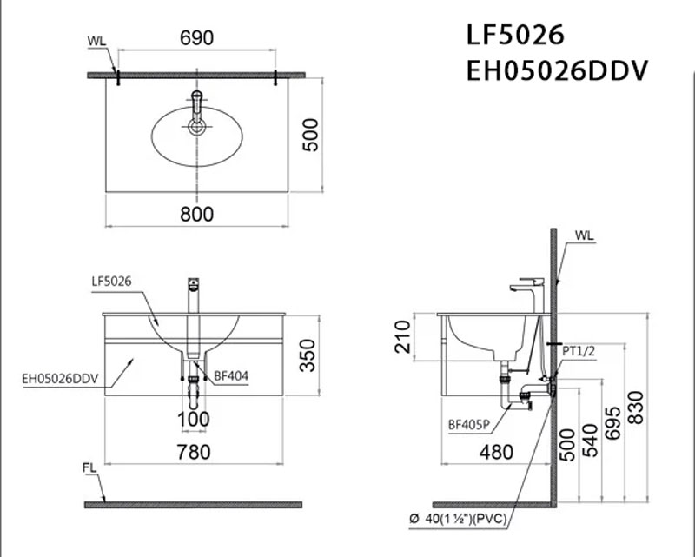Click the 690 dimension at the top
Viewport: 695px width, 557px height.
pos(197,37)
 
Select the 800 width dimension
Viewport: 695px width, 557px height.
pos(197,214)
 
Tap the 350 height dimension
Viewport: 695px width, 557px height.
pos(308,355)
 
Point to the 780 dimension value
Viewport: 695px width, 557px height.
pos(194,453)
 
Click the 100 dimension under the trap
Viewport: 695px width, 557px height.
pos(194,419)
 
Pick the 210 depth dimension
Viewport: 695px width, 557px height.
pos(402,336)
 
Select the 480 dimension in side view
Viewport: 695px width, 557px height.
pos(496,453)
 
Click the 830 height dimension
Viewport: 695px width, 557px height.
pos(636,408)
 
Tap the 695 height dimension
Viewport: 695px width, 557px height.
pos(613,423)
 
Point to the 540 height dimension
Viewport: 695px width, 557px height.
pos(590,441)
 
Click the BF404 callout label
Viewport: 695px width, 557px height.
pos(231,376)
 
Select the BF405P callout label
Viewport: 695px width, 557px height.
pos(469,425)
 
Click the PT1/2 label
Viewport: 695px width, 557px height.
pos(579,351)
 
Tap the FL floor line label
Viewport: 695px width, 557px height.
pos(89,467)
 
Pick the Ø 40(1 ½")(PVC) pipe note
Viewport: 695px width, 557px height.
pos(458,519)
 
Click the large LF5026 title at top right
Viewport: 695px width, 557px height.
pos(515,35)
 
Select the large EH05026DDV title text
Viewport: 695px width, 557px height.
pos(557,71)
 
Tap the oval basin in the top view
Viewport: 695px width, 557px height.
pos(197,136)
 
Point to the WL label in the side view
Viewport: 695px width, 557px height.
pos(584,235)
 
